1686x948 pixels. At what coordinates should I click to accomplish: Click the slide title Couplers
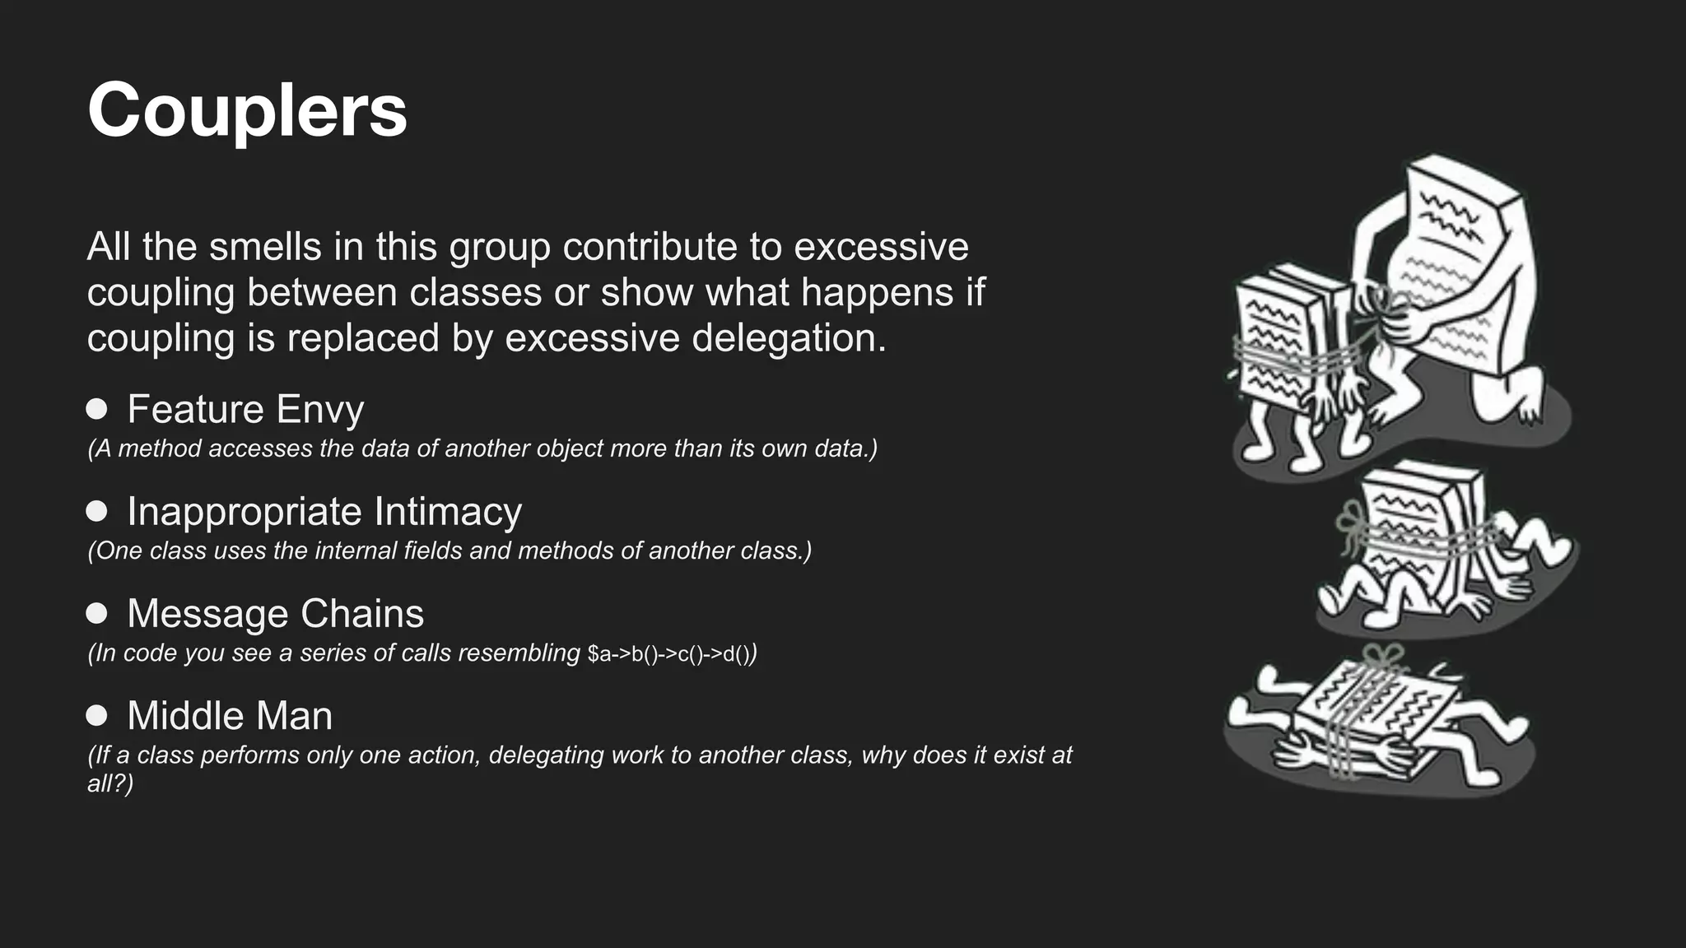(x=247, y=111)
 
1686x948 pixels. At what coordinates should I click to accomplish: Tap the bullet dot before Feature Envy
(x=97, y=409)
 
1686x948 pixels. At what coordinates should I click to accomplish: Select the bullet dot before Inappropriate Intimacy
(x=97, y=511)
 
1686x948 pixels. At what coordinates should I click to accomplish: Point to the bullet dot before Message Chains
(x=97, y=613)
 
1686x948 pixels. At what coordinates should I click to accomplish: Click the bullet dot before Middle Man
(x=97, y=715)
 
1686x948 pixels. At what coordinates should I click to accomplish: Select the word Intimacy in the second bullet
(x=448, y=512)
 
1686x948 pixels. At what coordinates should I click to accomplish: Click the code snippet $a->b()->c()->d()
(x=670, y=654)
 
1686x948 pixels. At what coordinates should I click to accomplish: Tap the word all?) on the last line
(x=110, y=783)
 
